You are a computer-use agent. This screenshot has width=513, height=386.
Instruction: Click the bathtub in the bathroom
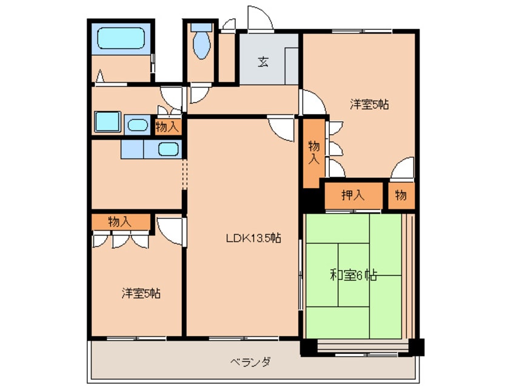click(x=121, y=39)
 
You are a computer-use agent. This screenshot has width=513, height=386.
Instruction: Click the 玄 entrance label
click(x=263, y=61)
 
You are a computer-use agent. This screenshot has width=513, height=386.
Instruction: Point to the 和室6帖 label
click(x=354, y=275)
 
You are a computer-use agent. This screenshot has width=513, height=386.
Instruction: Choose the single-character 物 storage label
click(x=401, y=195)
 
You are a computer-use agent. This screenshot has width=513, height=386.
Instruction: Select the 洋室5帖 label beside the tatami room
click(x=369, y=104)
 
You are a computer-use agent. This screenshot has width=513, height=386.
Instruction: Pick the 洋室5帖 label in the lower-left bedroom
click(x=141, y=294)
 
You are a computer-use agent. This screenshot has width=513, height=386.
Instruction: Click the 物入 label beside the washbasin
click(x=167, y=127)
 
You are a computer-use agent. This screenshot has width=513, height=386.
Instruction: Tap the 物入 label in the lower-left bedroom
click(x=121, y=222)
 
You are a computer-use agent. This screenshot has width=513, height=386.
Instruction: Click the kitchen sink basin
click(x=168, y=148)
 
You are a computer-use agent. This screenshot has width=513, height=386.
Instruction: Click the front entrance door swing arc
click(x=260, y=18)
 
